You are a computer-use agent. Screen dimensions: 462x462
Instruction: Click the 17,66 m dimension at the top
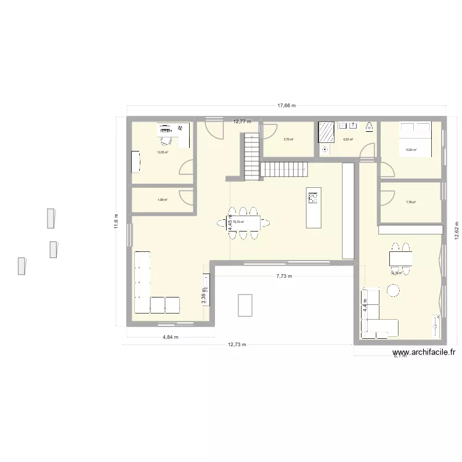(x=286, y=105)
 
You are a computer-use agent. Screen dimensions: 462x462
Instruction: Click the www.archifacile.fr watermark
(x=424, y=353)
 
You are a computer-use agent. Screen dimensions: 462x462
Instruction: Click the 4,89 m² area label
(x=162, y=200)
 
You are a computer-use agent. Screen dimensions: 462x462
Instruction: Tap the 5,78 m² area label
(x=288, y=140)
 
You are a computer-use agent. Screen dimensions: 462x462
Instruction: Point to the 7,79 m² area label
(x=411, y=202)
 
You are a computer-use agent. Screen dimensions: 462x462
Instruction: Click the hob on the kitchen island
(x=313, y=198)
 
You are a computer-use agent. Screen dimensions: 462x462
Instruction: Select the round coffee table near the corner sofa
(x=392, y=290)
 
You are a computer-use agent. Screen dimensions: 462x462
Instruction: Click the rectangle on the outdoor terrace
(x=245, y=304)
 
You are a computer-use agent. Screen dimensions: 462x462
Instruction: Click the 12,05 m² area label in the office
(x=162, y=152)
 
